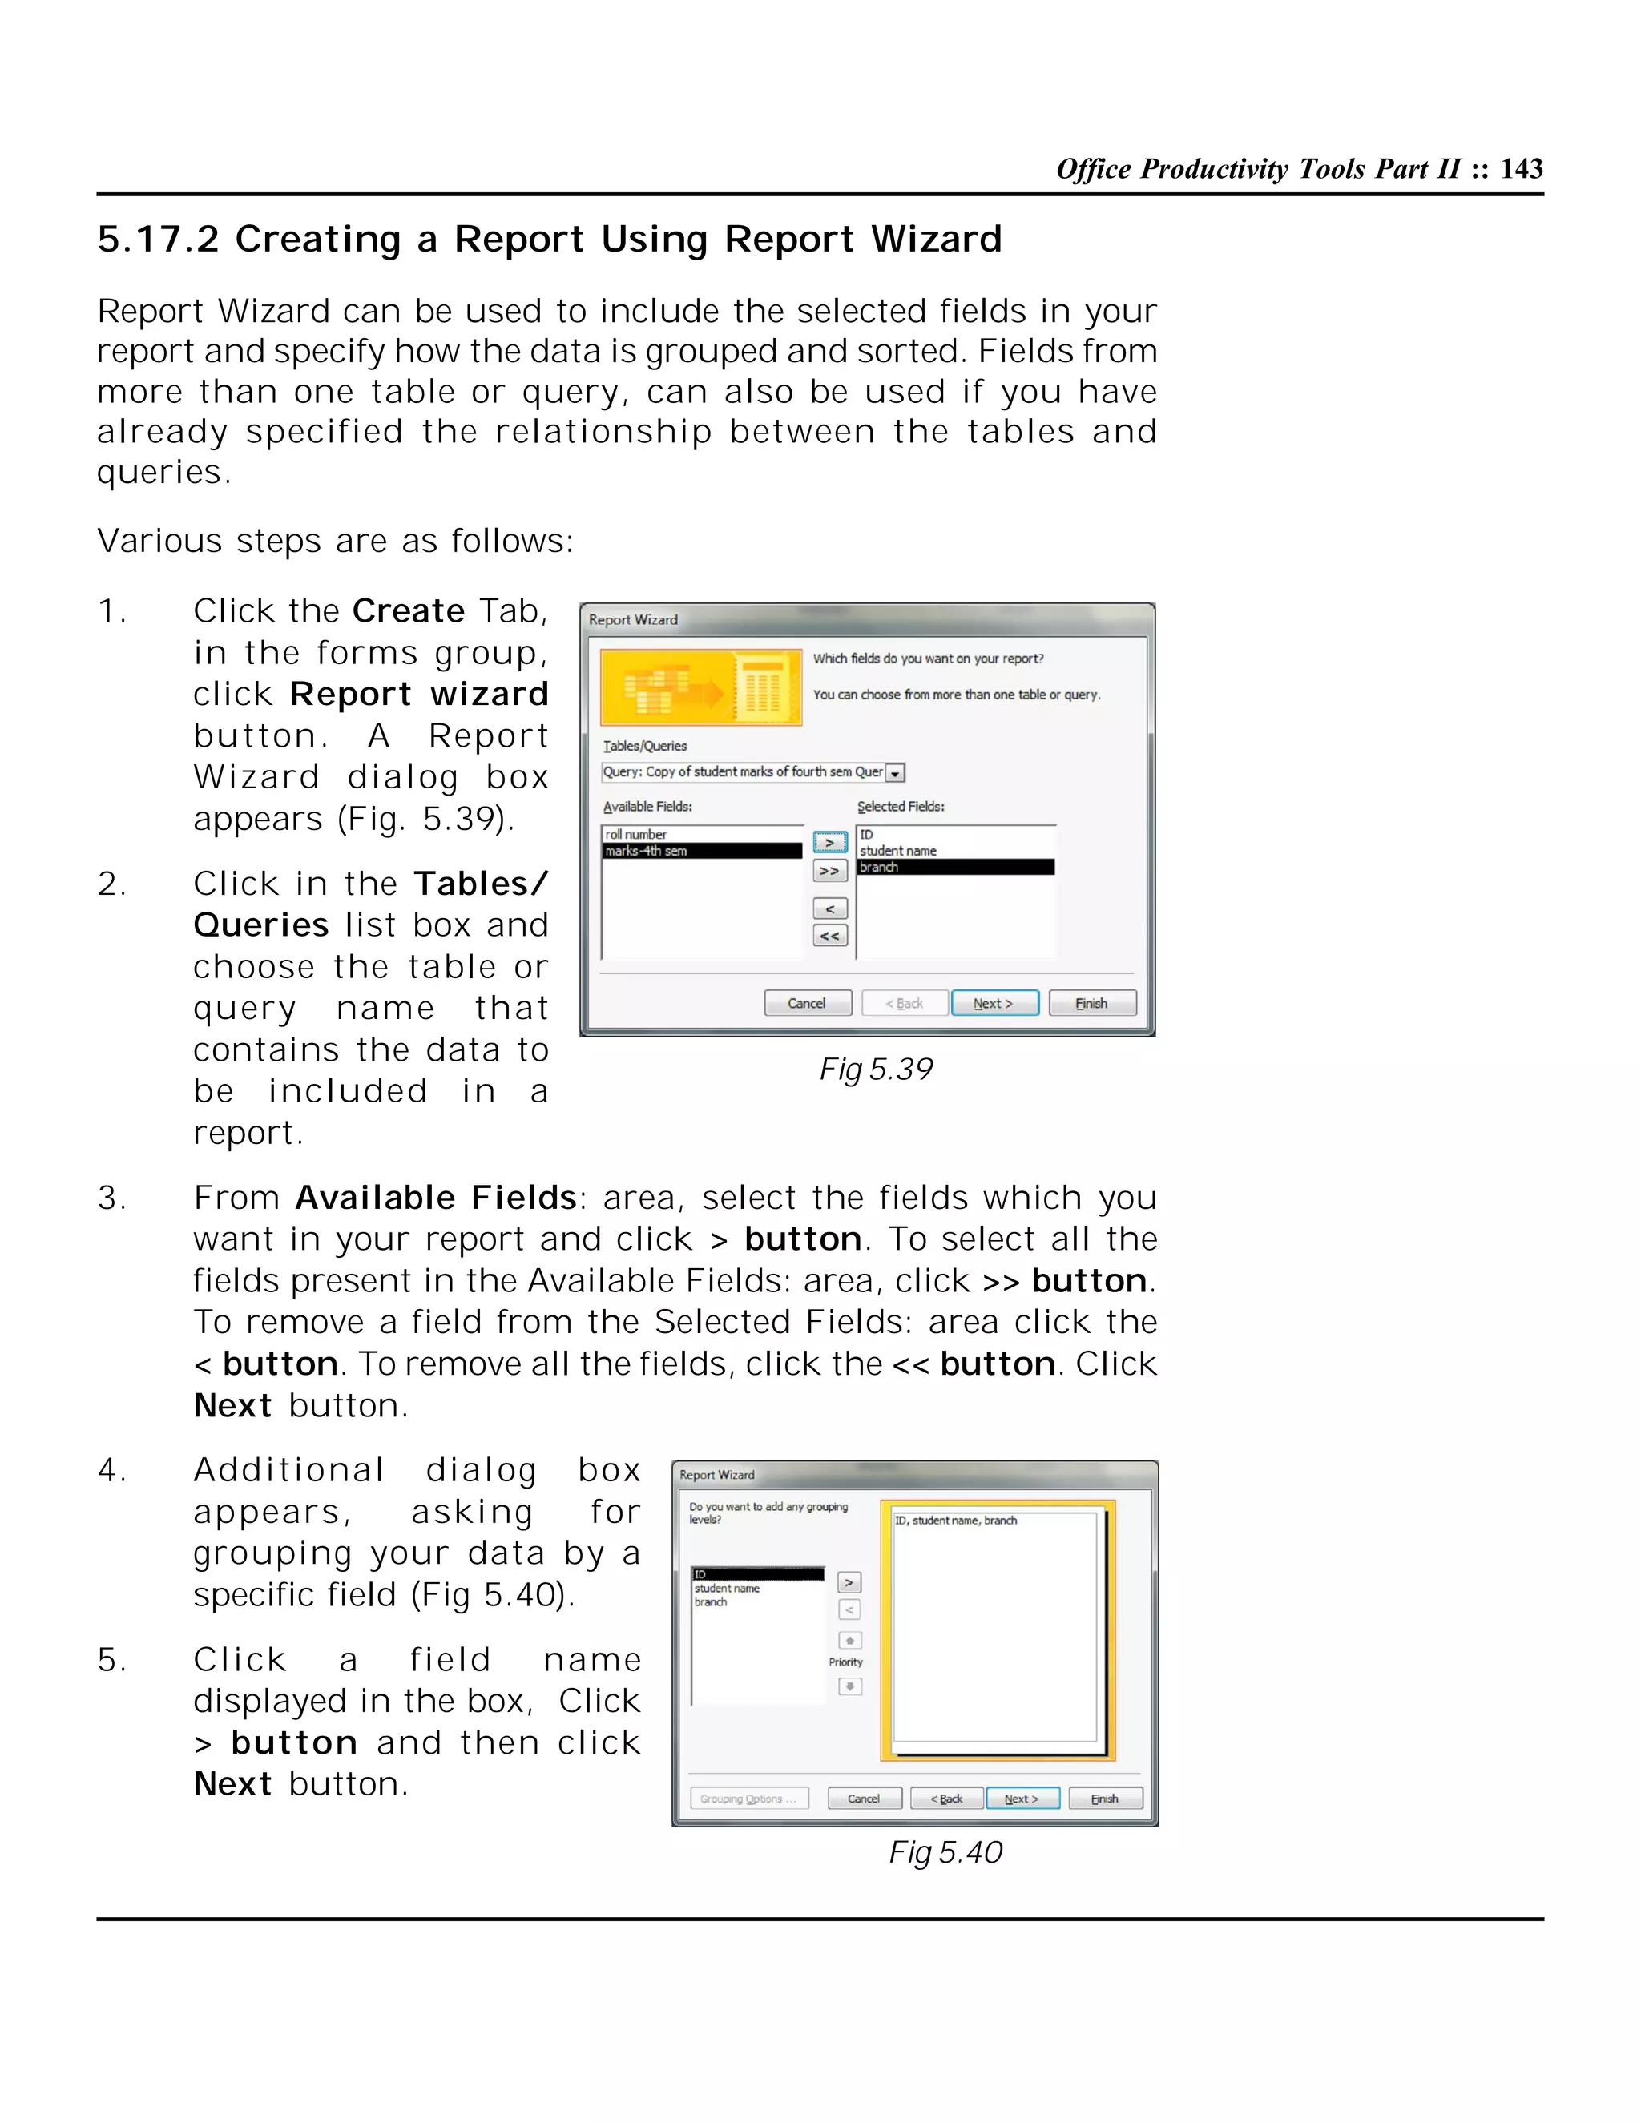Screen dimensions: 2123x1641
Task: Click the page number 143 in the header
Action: (1521, 169)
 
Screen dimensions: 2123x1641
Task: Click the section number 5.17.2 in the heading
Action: (159, 239)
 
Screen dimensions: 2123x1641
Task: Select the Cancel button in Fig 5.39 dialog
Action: (807, 1003)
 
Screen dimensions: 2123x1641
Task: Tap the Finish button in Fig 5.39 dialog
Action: (1092, 1003)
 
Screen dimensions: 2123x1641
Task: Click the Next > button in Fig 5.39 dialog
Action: (994, 1003)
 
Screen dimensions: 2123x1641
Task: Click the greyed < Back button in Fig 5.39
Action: (904, 1003)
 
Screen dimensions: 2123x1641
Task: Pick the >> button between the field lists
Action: (829, 871)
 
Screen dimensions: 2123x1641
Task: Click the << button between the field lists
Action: (829, 936)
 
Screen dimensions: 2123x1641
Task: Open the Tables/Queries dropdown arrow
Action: (895, 774)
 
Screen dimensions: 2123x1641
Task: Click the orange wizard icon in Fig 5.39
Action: (701, 687)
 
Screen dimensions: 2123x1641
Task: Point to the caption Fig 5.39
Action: (875, 1070)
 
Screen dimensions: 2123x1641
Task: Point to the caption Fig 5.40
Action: (945, 1851)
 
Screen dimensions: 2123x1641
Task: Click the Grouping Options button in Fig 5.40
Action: (748, 1799)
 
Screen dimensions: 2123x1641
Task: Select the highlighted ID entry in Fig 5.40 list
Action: (756, 1573)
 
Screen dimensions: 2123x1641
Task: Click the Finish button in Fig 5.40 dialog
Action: (1104, 1799)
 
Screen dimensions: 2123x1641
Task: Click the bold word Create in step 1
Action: (409, 611)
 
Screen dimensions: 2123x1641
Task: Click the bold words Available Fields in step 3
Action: (436, 1198)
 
